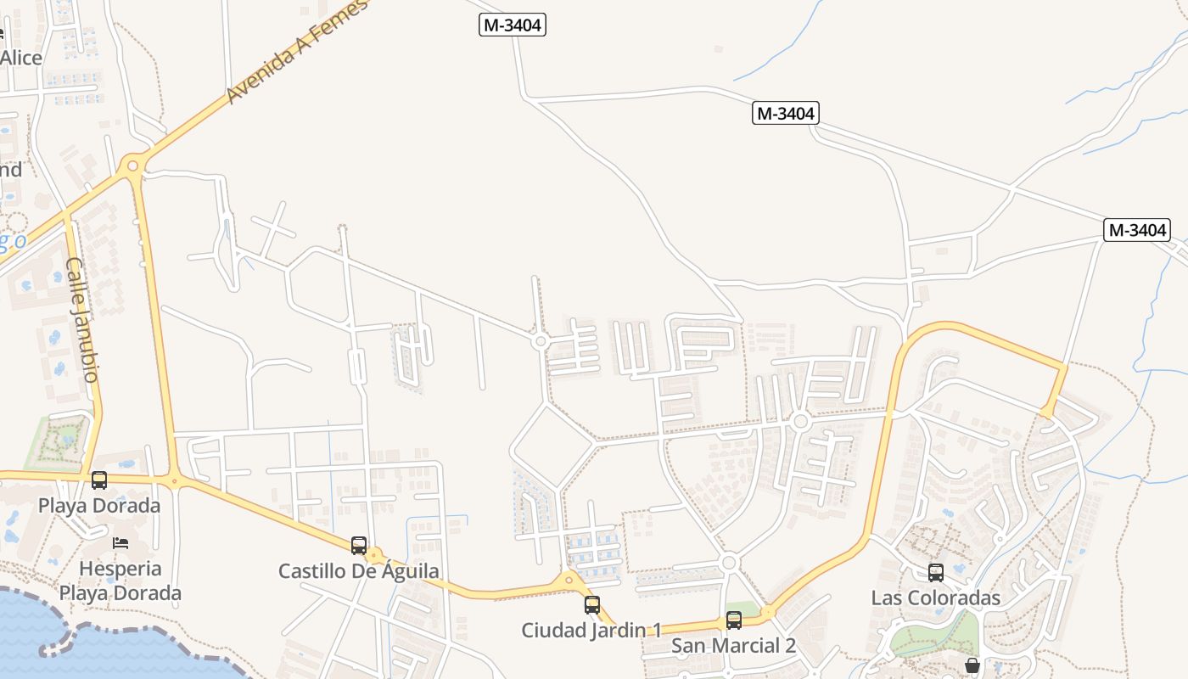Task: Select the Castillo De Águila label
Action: pos(359,571)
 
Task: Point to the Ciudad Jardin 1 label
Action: pos(591,631)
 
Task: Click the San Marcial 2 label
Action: pos(733,646)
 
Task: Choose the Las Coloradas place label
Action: pos(935,598)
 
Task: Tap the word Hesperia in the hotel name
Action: pos(121,568)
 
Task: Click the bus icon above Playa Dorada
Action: pos(99,480)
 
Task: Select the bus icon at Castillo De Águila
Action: pos(359,546)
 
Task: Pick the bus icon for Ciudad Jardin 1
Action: pos(592,605)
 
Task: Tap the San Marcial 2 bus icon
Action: pos(734,620)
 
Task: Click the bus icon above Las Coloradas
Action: pos(935,573)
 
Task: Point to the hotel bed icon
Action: pos(120,542)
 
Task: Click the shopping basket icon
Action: pos(972,665)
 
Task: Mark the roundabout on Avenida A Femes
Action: pos(132,165)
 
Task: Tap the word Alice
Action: pos(20,58)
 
